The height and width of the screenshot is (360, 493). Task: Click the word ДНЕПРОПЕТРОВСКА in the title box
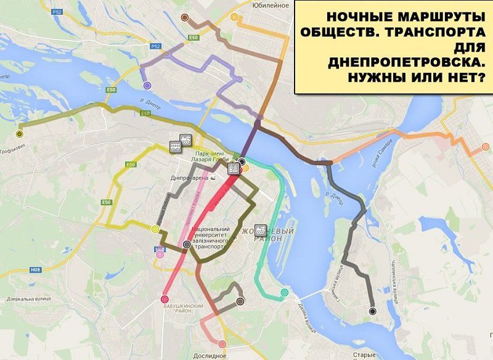[x=406, y=62]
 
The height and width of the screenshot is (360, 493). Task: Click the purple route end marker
[x=147, y=86]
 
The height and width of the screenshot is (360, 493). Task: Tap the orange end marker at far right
[x=485, y=147]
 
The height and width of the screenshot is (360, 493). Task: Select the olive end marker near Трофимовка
[x=20, y=133]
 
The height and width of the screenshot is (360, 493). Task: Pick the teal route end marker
[x=284, y=292]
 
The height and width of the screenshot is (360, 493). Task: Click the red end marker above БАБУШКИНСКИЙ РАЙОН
[x=165, y=299]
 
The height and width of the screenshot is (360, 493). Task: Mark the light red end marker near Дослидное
[x=222, y=344]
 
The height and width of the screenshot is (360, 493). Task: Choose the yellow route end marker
[x=155, y=229]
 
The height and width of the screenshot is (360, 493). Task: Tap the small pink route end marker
[x=160, y=253]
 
